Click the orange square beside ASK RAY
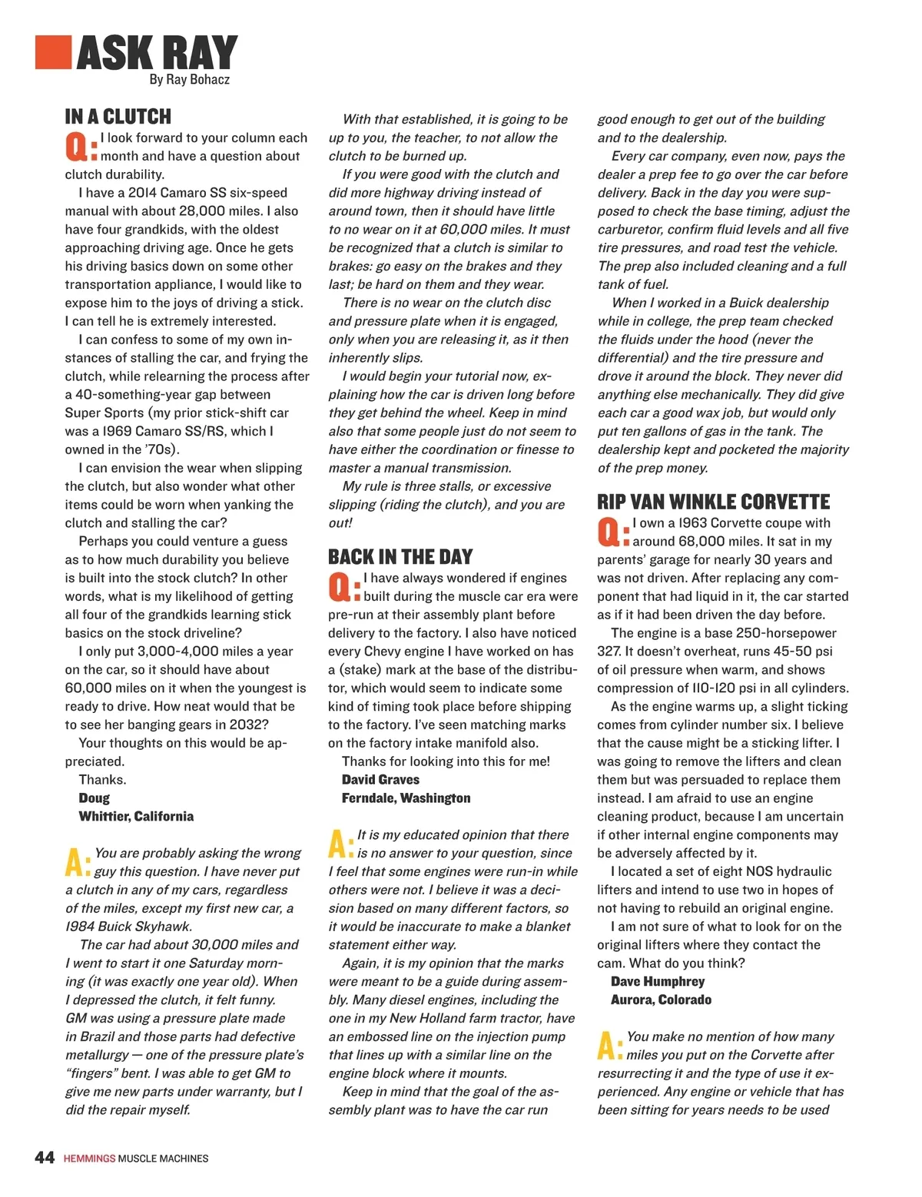tap(53, 53)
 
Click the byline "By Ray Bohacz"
tap(189, 79)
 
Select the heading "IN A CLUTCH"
tap(118, 117)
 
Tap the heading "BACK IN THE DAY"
tap(400, 557)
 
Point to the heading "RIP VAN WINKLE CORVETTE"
tap(713, 502)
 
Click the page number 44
tap(45, 1157)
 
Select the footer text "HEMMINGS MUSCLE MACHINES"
tap(135, 1158)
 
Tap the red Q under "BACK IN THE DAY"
tap(340, 587)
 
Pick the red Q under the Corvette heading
tap(609, 532)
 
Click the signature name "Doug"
tap(94, 798)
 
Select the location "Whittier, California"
tap(136, 817)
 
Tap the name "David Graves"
tap(380, 780)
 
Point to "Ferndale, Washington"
tap(406, 798)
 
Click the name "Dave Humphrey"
tap(657, 982)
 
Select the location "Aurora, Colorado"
tap(661, 1000)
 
